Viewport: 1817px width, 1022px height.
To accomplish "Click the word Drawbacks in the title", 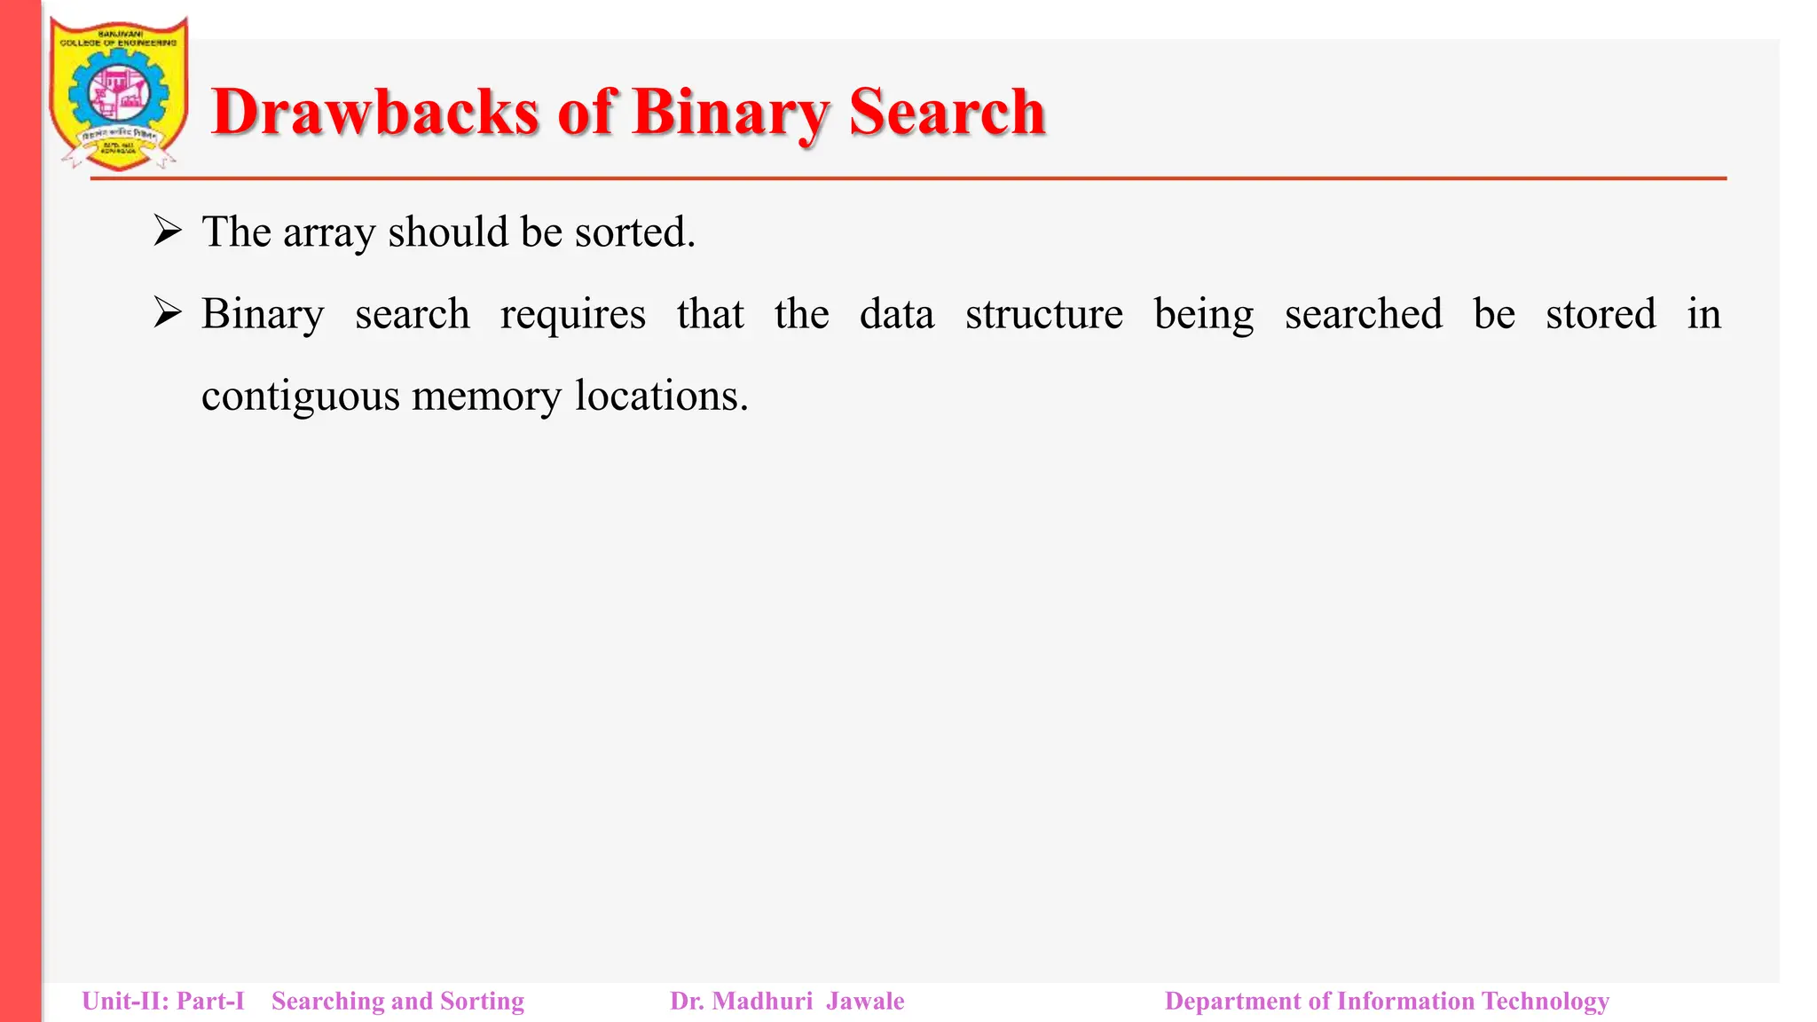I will [375, 113].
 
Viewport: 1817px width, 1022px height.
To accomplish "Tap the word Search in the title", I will [947, 113].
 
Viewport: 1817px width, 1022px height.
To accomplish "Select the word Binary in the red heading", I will [731, 113].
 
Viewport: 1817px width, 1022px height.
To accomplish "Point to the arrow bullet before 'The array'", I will [167, 232].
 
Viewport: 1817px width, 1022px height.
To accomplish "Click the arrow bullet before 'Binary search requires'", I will [167, 313].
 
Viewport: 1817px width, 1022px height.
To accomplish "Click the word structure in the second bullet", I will [1043, 314].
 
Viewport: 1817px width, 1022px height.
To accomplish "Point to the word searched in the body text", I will [1363, 314].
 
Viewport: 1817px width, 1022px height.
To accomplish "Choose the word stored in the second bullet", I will [1600, 314].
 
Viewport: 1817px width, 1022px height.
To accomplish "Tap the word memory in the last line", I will [486, 397].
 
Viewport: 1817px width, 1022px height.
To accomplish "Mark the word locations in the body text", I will [661, 396].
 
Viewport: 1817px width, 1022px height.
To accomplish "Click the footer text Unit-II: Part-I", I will [163, 1002].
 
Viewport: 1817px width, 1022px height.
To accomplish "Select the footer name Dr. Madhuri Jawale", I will [787, 1002].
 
